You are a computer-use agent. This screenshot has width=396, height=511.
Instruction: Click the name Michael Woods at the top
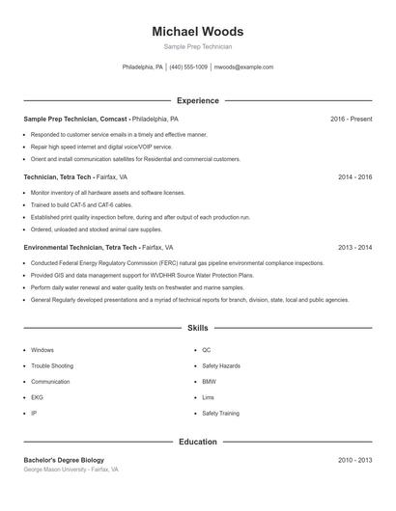coord(197,32)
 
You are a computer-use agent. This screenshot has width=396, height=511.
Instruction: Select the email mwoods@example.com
coord(243,67)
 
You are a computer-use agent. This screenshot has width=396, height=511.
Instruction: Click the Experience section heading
coord(197,100)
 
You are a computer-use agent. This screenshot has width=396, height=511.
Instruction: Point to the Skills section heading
coord(197,329)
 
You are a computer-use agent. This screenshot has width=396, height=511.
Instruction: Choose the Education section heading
coord(197,442)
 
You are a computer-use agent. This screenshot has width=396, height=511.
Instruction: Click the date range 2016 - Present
coord(351,119)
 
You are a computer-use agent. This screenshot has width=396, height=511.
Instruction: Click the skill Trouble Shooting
coord(51,366)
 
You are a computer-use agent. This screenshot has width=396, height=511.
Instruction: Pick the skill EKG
coord(38,397)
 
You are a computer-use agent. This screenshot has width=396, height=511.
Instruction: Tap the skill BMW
coord(209,382)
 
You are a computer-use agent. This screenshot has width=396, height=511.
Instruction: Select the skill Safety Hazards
coord(221,366)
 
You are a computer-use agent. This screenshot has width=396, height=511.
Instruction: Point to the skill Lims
coord(209,397)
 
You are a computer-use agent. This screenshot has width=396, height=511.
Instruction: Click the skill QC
coord(207,350)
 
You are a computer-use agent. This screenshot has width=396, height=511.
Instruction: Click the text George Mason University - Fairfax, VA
coord(71,470)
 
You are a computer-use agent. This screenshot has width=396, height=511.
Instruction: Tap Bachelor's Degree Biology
coord(64,460)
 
